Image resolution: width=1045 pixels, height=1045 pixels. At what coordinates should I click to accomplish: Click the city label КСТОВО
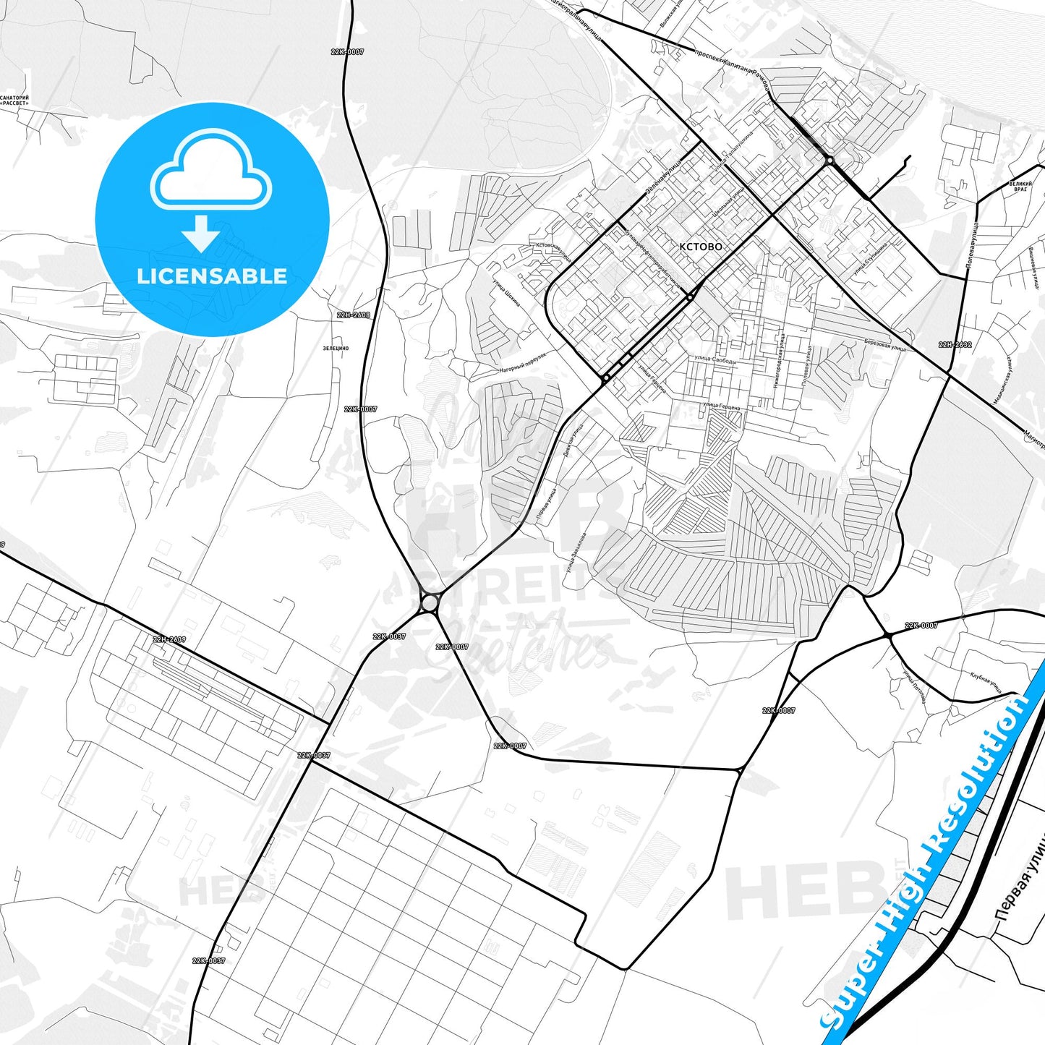pyautogui.click(x=700, y=247)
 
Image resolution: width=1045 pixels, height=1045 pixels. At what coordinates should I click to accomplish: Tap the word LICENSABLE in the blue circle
pyautogui.click(x=212, y=276)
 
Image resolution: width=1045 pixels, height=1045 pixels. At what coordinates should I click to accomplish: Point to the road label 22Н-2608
pyautogui.click(x=353, y=315)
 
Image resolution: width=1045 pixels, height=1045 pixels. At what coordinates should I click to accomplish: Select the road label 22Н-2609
pyautogui.click(x=169, y=640)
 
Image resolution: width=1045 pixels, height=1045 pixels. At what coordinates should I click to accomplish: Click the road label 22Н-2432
pyautogui.click(x=955, y=345)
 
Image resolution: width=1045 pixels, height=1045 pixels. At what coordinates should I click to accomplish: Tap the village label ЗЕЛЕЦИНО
pyautogui.click(x=336, y=349)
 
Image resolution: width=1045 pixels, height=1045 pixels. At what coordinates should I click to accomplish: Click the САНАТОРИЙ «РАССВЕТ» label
pyautogui.click(x=14, y=100)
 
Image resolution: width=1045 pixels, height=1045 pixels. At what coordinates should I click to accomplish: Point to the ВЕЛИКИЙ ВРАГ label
pyautogui.click(x=1020, y=187)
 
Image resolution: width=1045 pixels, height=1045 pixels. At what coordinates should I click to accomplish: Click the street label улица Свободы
pyautogui.click(x=715, y=359)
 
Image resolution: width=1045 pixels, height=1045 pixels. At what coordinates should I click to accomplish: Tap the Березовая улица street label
pyautogui.click(x=884, y=345)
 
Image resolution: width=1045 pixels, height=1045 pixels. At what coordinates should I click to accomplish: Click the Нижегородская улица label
pyautogui.click(x=780, y=361)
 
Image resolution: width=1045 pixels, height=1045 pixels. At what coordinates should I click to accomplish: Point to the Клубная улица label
pyautogui.click(x=986, y=682)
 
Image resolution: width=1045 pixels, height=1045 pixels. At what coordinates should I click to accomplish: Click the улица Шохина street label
pyautogui.click(x=506, y=294)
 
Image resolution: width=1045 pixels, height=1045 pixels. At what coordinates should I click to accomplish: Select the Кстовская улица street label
pyautogui.click(x=553, y=252)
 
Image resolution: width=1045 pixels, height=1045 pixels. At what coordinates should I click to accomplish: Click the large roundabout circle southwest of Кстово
pyautogui.click(x=430, y=602)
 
